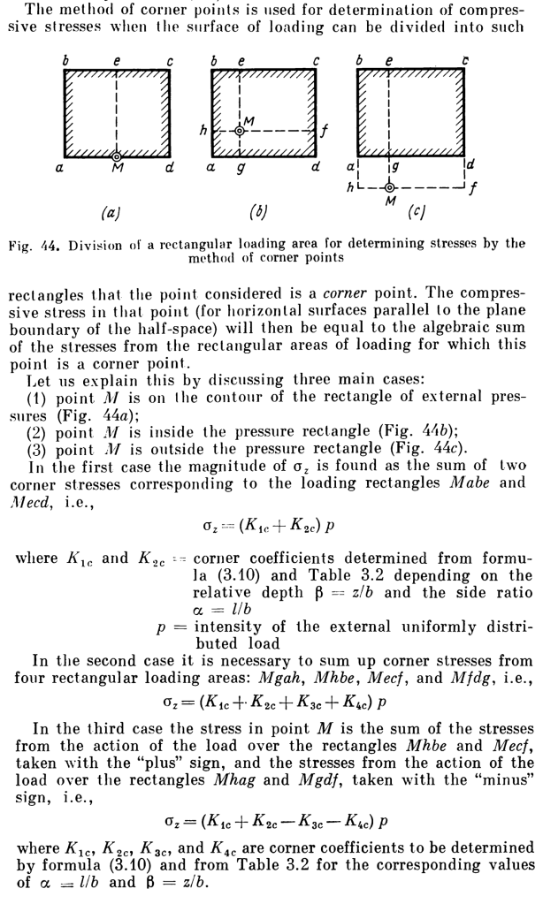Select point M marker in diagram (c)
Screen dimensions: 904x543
pos(389,187)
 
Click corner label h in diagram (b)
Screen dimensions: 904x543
pos(203,131)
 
